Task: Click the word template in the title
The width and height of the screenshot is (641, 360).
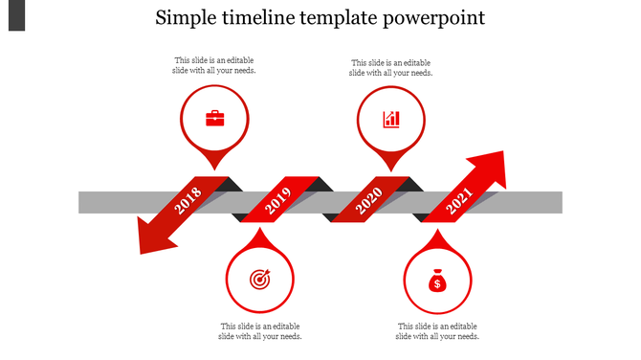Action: (x=348, y=18)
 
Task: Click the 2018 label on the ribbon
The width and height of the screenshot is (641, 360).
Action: (x=189, y=201)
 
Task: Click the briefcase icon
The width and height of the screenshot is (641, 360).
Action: (x=215, y=119)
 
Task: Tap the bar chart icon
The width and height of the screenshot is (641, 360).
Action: (x=391, y=119)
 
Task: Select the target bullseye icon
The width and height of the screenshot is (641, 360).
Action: (x=259, y=280)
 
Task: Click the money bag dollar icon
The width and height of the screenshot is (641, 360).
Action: (x=436, y=281)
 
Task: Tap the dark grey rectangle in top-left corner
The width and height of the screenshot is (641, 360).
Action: (x=16, y=14)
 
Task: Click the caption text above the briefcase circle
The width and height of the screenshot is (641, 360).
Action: (x=215, y=65)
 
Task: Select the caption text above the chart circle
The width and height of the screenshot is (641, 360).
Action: (x=391, y=67)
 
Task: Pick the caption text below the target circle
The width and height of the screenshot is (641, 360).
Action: (x=260, y=331)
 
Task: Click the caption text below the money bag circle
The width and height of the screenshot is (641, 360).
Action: (x=437, y=331)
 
